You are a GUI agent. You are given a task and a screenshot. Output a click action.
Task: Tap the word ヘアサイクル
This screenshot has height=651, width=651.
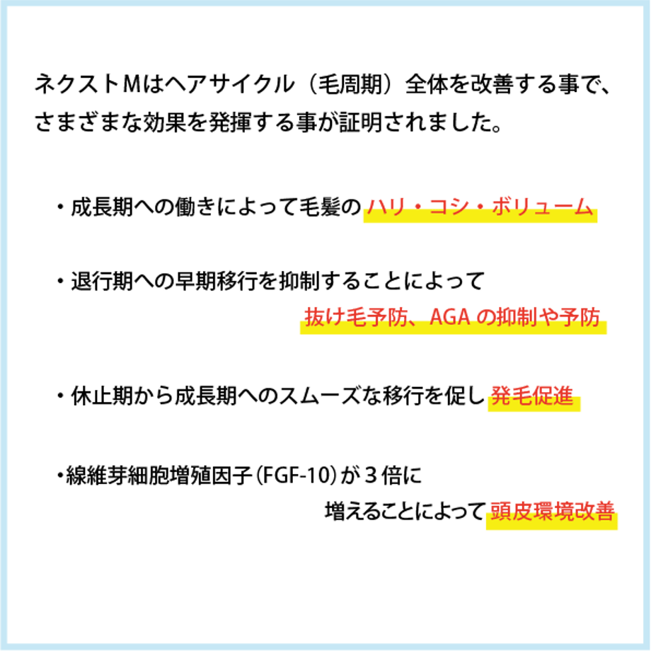tap(229, 84)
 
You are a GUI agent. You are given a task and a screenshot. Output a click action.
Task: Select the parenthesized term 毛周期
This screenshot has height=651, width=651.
tap(350, 84)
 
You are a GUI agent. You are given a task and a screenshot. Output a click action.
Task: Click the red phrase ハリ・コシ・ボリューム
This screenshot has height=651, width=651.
tap(480, 207)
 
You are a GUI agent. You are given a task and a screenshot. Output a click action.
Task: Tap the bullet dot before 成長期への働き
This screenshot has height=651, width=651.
tap(61, 207)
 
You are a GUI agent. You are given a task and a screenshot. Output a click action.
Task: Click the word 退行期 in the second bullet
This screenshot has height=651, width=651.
tap(102, 281)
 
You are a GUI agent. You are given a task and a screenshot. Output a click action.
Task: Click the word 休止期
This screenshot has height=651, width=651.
tap(102, 396)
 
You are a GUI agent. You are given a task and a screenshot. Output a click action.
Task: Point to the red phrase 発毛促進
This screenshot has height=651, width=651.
tap(532, 396)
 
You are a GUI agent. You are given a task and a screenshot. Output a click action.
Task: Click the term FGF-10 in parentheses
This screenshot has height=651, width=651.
tap(296, 476)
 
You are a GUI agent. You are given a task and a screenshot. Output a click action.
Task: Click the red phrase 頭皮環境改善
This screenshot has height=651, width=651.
tap(552, 512)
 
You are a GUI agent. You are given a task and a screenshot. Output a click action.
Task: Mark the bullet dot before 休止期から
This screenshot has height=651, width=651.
tap(61, 396)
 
